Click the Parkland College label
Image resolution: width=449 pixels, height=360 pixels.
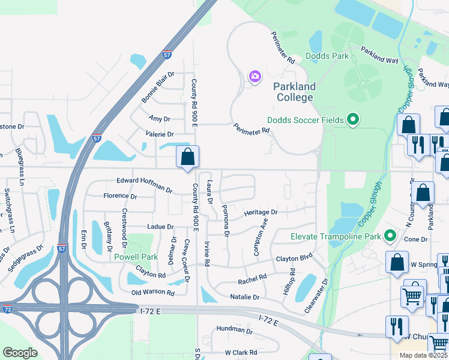(294, 92)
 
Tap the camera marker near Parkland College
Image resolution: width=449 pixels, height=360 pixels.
(255, 76)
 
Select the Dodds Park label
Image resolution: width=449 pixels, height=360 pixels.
(327, 56)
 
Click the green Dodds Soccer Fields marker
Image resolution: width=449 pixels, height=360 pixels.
(353, 120)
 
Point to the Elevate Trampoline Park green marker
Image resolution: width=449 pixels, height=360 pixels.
(390, 236)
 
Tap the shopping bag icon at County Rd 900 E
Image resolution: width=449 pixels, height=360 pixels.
(187, 157)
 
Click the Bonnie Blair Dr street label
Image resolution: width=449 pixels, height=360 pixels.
(157, 87)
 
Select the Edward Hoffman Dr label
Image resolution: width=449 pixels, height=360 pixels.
(145, 184)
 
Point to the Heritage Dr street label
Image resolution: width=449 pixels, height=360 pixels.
(260, 212)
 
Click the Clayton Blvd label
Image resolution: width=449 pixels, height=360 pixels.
(295, 259)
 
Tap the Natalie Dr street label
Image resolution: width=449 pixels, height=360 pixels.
(245, 297)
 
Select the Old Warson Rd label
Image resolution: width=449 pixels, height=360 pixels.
(153, 293)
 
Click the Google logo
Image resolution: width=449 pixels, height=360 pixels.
(20, 353)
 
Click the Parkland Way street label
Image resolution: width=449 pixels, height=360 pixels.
(379, 56)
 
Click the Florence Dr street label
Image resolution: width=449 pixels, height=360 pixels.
(120, 196)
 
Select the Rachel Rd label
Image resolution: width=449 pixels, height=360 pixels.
(252, 279)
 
